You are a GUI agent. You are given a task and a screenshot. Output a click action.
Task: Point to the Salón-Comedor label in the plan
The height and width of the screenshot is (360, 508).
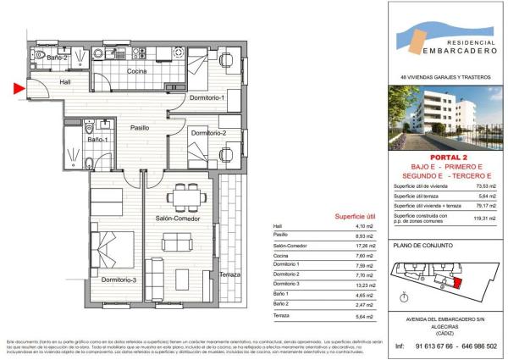pos(177,219)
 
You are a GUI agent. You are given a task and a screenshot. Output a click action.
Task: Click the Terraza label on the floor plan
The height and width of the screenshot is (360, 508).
pos(229,275)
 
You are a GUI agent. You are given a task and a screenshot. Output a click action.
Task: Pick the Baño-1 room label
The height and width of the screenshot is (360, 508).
pos(99,139)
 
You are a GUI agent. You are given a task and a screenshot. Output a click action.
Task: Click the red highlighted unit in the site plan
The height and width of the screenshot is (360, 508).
pos(459,285)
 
